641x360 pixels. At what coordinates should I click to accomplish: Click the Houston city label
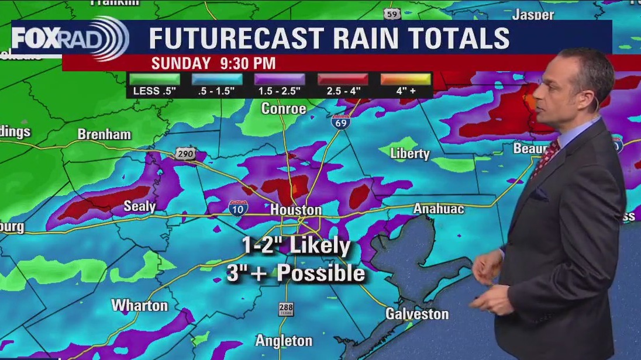(296, 210)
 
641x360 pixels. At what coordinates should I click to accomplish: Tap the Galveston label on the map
(416, 314)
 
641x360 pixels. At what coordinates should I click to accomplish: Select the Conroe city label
(284, 109)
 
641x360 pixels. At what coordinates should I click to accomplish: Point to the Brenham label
(104, 134)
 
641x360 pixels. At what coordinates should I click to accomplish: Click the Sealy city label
(140, 206)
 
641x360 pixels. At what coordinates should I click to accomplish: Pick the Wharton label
(139, 305)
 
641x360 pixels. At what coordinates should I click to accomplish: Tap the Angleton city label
(284, 340)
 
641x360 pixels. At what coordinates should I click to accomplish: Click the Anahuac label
(439, 209)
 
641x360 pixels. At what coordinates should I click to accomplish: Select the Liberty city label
(411, 154)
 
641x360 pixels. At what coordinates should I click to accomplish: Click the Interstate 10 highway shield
(238, 207)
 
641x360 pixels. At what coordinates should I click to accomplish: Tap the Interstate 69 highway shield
(340, 122)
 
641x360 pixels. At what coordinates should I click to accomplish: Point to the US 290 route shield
(184, 154)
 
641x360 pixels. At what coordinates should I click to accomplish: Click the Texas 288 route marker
(285, 309)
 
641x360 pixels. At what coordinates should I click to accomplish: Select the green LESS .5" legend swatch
(154, 79)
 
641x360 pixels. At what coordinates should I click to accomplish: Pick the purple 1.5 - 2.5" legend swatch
(280, 79)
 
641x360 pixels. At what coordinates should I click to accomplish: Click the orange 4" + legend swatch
(405, 79)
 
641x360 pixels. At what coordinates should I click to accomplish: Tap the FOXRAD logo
(70, 39)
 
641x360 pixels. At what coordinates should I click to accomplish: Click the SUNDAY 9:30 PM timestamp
(213, 63)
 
